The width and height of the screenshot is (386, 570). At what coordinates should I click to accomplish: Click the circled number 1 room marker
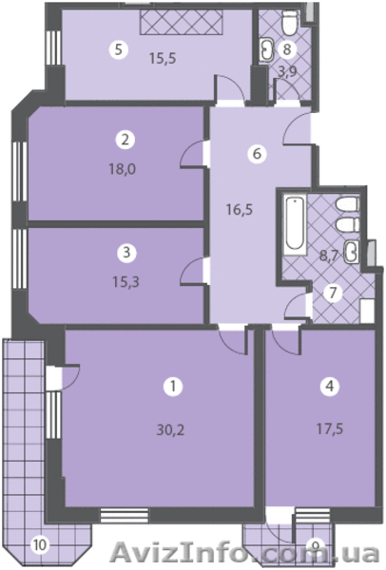[x=173, y=387]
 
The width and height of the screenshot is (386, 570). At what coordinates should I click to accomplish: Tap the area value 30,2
[x=170, y=430]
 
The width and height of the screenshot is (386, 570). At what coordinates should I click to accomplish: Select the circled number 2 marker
[x=125, y=140]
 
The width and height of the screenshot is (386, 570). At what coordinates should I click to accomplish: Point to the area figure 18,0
[x=123, y=169]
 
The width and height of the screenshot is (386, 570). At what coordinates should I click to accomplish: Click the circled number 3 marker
[x=126, y=252]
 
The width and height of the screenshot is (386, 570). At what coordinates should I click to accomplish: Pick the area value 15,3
[x=126, y=281]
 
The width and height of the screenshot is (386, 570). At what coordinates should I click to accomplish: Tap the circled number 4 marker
[x=330, y=387]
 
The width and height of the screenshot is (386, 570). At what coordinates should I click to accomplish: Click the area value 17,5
[x=330, y=429]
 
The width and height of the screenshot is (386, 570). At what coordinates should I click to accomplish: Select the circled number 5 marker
[x=118, y=49]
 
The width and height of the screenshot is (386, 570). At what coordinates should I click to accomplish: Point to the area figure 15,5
[x=163, y=58]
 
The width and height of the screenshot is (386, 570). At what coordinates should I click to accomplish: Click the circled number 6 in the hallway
[x=257, y=154]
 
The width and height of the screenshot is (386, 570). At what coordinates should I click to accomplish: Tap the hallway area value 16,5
[x=239, y=210]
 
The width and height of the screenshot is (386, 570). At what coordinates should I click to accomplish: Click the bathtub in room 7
[x=295, y=223]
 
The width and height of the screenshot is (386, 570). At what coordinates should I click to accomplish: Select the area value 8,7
[x=329, y=256]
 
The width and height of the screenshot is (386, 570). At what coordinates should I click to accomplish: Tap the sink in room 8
[x=267, y=49]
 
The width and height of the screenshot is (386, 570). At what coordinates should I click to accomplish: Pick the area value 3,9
[x=287, y=71]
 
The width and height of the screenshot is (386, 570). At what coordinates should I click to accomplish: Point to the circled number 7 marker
[x=333, y=293]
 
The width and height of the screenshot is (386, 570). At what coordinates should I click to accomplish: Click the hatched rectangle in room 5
[x=182, y=22]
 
